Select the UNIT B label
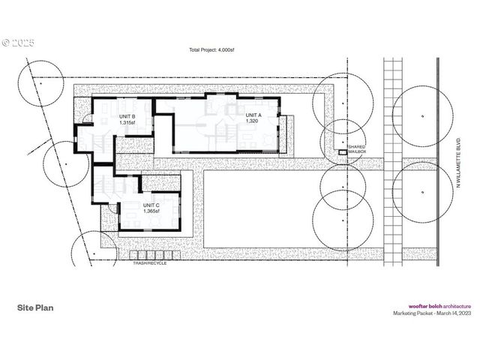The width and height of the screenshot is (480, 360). pyautogui.click(x=127, y=117)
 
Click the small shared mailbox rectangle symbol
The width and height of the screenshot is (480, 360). pyautogui.click(x=342, y=152)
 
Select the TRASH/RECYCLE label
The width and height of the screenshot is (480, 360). pyautogui.click(x=149, y=263)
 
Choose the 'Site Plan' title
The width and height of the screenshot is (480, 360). pyautogui.click(x=35, y=307)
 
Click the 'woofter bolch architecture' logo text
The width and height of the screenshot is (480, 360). pyautogui.click(x=439, y=306)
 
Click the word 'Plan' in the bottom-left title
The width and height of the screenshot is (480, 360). pyautogui.click(x=44, y=307)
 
